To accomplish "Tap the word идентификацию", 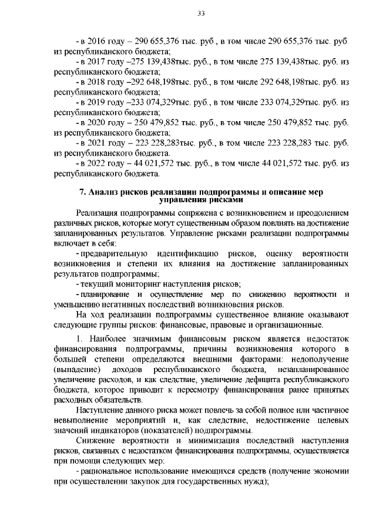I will (x=179, y=253).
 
